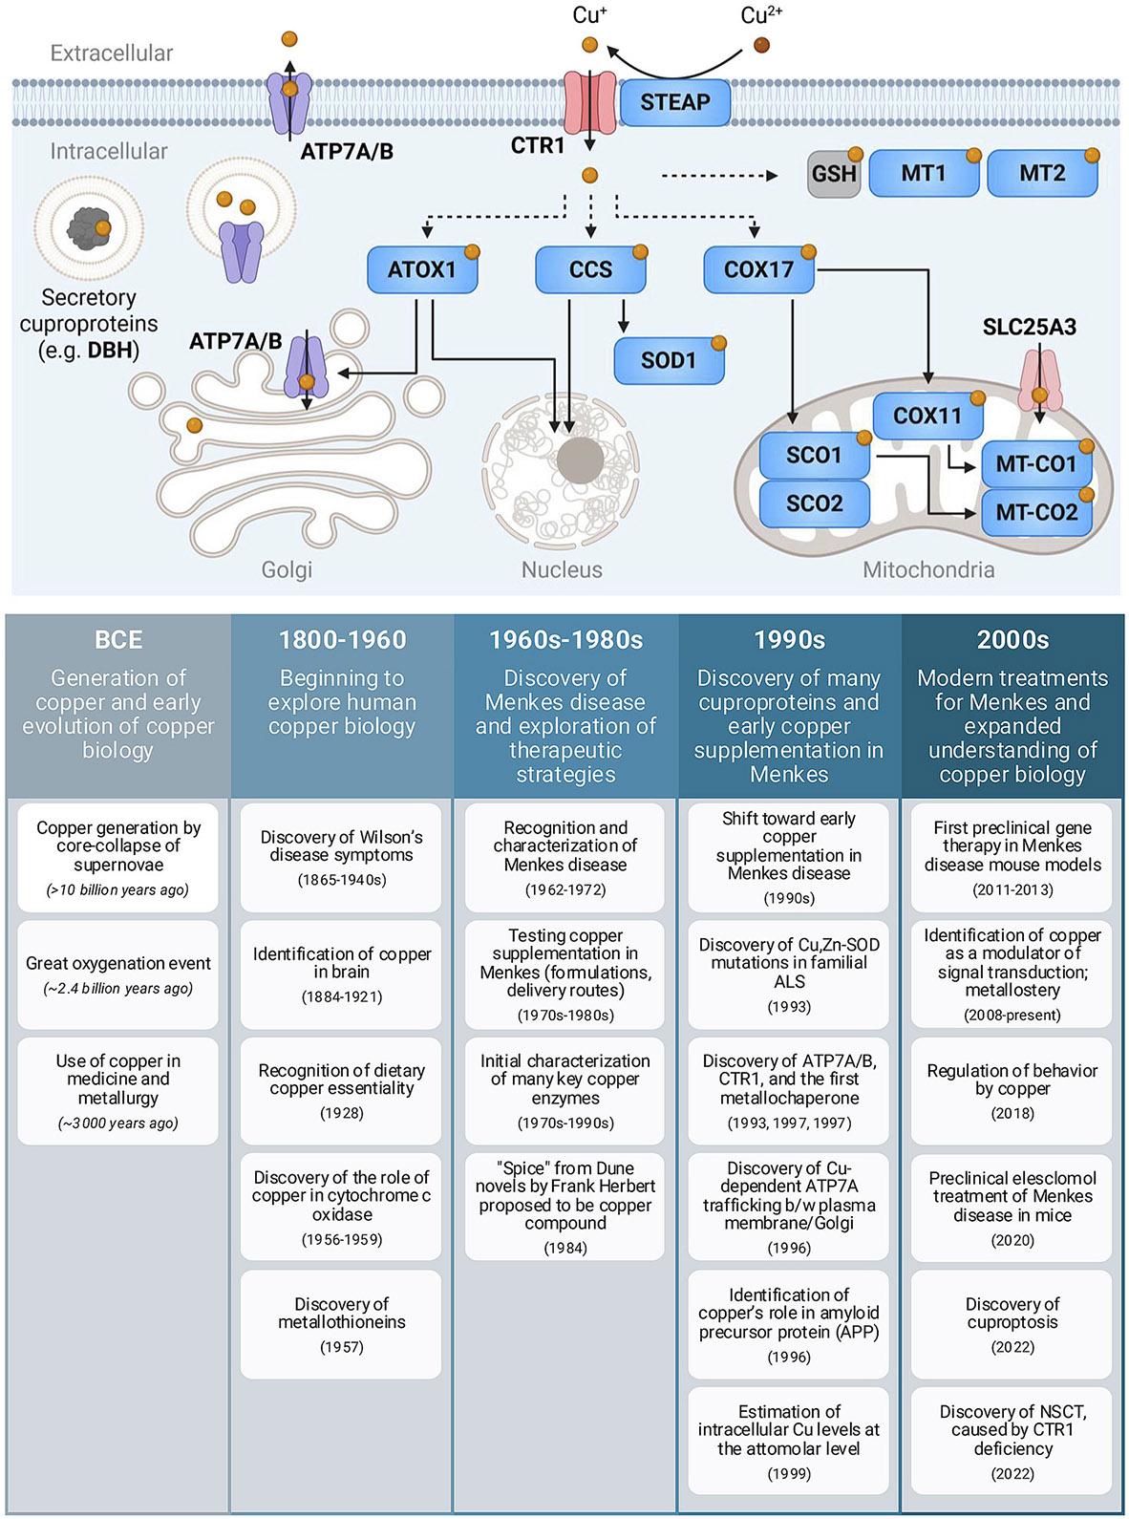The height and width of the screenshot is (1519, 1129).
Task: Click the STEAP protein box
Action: tap(675, 102)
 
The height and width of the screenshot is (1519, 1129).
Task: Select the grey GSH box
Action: tap(833, 174)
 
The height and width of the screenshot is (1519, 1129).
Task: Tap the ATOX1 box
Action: tap(421, 269)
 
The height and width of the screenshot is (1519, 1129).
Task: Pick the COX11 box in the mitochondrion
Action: tap(927, 416)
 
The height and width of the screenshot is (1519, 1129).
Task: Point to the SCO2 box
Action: tap(814, 503)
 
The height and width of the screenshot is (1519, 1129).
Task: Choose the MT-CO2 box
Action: tap(1036, 512)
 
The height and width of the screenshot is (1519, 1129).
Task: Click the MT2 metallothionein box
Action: tap(1042, 174)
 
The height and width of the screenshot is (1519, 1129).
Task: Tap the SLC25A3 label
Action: tap(1029, 327)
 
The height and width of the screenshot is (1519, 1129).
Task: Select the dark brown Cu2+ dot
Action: tap(761, 45)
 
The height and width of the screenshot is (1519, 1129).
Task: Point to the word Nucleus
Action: tap(562, 570)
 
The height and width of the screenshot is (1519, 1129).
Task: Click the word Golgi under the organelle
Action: tap(287, 570)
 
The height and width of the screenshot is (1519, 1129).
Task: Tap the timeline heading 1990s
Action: tap(789, 639)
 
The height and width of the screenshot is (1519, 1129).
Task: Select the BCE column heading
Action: tap(117, 639)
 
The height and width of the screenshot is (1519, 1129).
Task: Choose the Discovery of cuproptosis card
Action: tap(1012, 1323)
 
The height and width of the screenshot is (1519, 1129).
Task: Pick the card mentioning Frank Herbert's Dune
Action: tap(565, 1206)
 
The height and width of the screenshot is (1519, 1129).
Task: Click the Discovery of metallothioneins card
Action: tap(342, 1323)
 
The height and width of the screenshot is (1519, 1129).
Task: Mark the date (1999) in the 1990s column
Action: tap(789, 1473)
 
